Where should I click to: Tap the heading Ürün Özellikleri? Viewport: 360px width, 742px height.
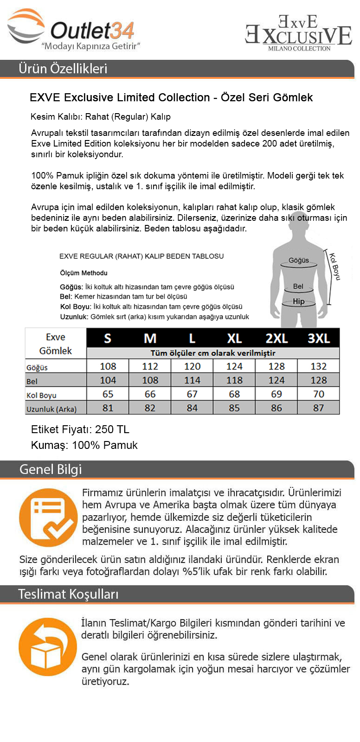click(63, 69)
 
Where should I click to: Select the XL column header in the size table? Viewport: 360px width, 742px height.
click(234, 338)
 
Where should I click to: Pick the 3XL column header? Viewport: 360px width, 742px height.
click(319, 338)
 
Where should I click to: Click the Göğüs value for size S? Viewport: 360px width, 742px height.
click(108, 366)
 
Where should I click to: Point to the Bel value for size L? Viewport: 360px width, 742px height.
click(192, 380)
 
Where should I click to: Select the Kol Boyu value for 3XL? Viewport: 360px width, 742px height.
click(319, 394)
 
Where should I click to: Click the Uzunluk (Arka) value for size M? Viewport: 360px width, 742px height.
click(150, 408)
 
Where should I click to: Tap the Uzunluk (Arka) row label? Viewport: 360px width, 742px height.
click(51, 409)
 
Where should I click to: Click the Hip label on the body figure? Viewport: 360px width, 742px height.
click(299, 301)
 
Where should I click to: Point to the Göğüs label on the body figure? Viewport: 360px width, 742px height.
click(299, 260)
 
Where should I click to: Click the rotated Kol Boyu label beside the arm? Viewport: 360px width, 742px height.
click(335, 266)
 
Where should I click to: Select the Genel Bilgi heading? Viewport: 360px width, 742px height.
click(50, 469)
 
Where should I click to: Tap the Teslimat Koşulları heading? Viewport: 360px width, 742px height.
click(68, 594)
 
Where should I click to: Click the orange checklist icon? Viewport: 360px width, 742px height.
click(48, 518)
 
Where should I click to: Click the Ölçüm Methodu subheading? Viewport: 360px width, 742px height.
click(84, 273)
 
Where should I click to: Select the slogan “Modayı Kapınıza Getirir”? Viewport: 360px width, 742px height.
click(91, 46)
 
